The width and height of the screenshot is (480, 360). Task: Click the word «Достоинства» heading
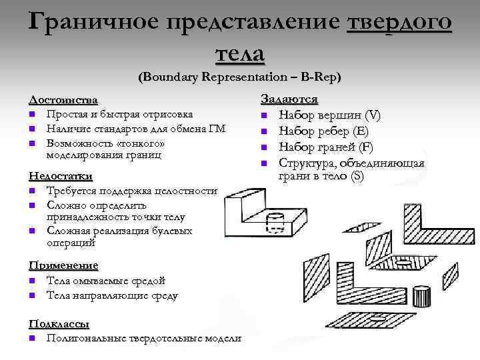point(63,100)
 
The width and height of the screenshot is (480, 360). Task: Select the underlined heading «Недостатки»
point(60,177)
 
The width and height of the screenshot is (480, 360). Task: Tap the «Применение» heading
point(63,265)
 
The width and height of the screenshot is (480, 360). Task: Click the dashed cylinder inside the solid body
point(275,221)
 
